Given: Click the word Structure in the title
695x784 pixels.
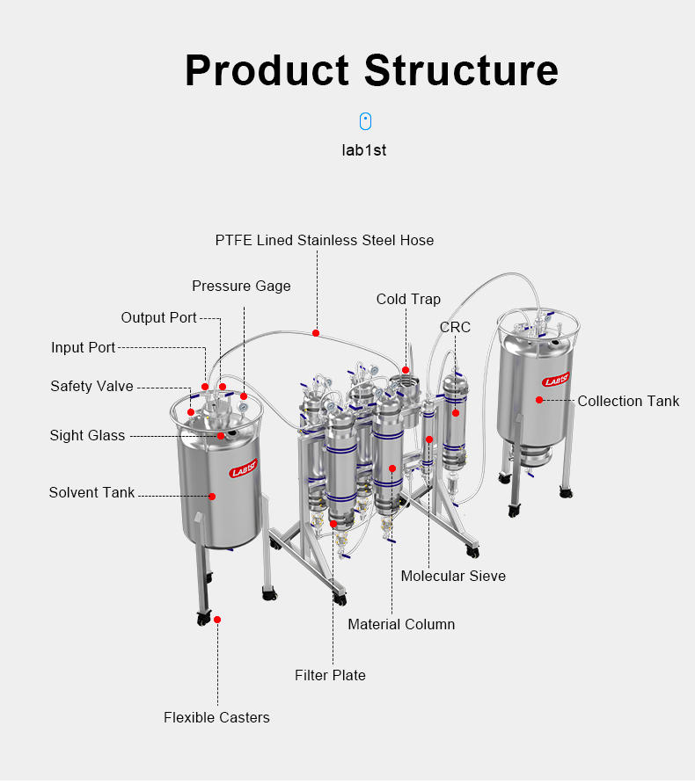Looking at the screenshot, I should click(461, 69).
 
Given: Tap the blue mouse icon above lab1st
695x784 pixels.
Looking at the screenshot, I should click(365, 121).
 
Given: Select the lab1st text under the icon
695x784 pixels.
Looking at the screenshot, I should click(364, 150).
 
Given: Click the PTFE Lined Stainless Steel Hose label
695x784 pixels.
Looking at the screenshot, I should click(325, 240).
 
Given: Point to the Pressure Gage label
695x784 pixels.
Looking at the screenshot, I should click(241, 286).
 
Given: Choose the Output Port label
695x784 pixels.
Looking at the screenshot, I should click(158, 317).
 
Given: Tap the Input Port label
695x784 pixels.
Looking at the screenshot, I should click(83, 347).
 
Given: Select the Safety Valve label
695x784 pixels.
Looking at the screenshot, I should click(91, 386).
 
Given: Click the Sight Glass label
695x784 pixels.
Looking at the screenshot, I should click(87, 435).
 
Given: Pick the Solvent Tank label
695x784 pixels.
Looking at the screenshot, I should click(91, 492).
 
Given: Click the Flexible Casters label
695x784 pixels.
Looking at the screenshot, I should click(216, 717).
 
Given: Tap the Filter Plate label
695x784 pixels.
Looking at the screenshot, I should click(330, 675).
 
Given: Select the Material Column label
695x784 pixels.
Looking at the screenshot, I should click(401, 624).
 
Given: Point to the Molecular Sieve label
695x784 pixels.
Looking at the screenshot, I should click(453, 576).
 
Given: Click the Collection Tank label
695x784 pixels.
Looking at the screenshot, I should click(628, 401).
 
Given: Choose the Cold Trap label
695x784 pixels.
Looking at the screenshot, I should click(408, 299).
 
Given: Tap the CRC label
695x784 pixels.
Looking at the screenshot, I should click(455, 327).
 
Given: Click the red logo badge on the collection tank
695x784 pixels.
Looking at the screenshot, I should click(556, 380).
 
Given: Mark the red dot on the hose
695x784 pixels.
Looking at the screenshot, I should click(316, 333).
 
